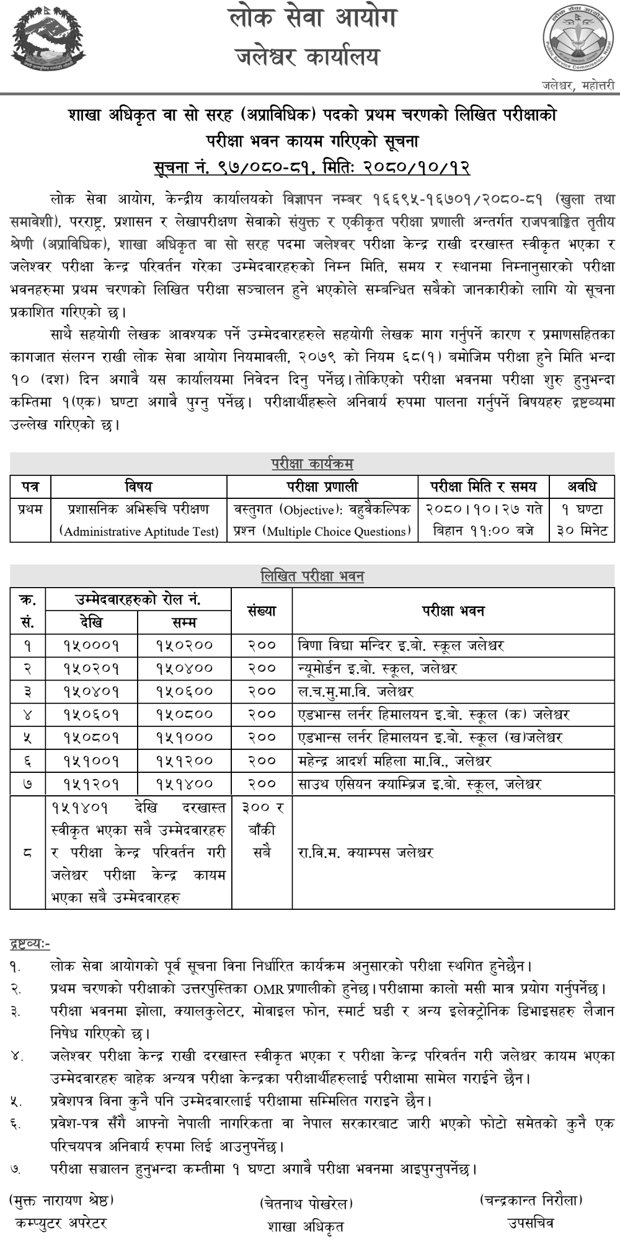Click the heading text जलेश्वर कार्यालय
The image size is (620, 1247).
coord(308,58)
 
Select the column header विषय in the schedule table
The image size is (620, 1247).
coord(138,487)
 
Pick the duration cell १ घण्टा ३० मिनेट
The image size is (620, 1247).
coord(582,520)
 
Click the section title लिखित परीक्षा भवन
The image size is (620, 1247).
coord(312,576)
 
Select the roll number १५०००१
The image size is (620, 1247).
coord(91,645)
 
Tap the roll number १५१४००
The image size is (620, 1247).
coord(184,784)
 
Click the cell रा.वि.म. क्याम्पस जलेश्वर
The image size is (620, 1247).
coord(365,853)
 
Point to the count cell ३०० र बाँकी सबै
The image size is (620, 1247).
coord(262,830)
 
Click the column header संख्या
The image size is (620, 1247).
coord(262,610)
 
